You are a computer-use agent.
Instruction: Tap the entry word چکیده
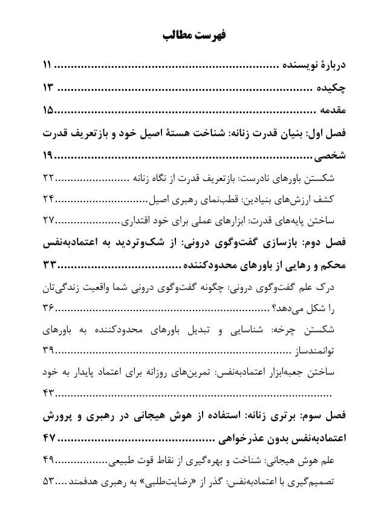333,88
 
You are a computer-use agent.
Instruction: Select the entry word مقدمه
332,111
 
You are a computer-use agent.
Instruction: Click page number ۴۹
49,463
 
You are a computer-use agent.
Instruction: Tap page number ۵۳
49,482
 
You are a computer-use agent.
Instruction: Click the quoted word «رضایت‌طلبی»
181,482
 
